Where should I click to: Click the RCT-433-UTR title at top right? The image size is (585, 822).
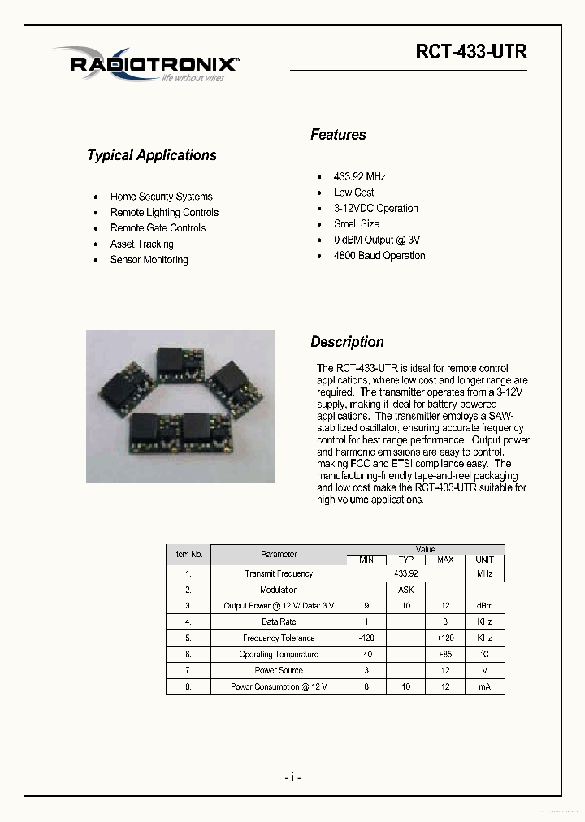tap(471, 52)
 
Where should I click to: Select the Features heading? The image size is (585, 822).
tap(338, 135)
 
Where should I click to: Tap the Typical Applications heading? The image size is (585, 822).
tap(152, 155)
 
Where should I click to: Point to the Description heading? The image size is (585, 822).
tap(347, 342)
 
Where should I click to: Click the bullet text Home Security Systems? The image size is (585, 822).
tap(161, 197)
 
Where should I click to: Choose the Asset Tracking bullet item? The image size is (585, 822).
tap(141, 244)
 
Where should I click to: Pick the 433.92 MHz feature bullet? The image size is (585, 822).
tap(359, 176)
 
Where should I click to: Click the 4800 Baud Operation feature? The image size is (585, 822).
tap(379, 255)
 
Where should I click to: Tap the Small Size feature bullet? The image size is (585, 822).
tap(356, 223)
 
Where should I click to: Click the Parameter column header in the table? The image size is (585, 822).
tap(279, 554)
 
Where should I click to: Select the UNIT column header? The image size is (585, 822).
tap(484, 560)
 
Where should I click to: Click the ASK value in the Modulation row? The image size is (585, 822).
tap(405, 590)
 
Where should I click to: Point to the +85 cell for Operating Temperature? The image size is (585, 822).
tap(444, 654)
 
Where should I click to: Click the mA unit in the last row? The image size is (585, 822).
tap(484, 686)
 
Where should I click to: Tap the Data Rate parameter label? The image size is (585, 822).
tap(279, 621)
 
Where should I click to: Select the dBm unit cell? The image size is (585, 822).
tap(484, 605)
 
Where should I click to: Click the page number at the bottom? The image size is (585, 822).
tap(292, 777)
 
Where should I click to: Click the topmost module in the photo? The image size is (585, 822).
tap(172, 358)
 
